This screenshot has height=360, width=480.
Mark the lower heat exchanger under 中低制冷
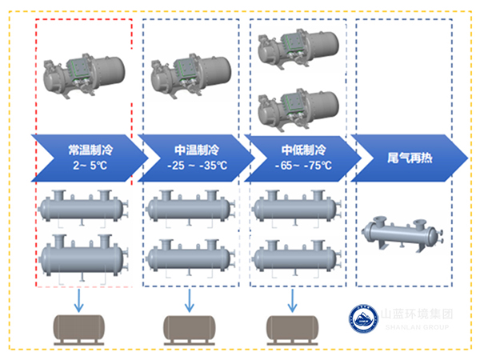[x=294, y=258]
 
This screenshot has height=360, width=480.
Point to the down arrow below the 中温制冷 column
[x=190, y=300]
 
